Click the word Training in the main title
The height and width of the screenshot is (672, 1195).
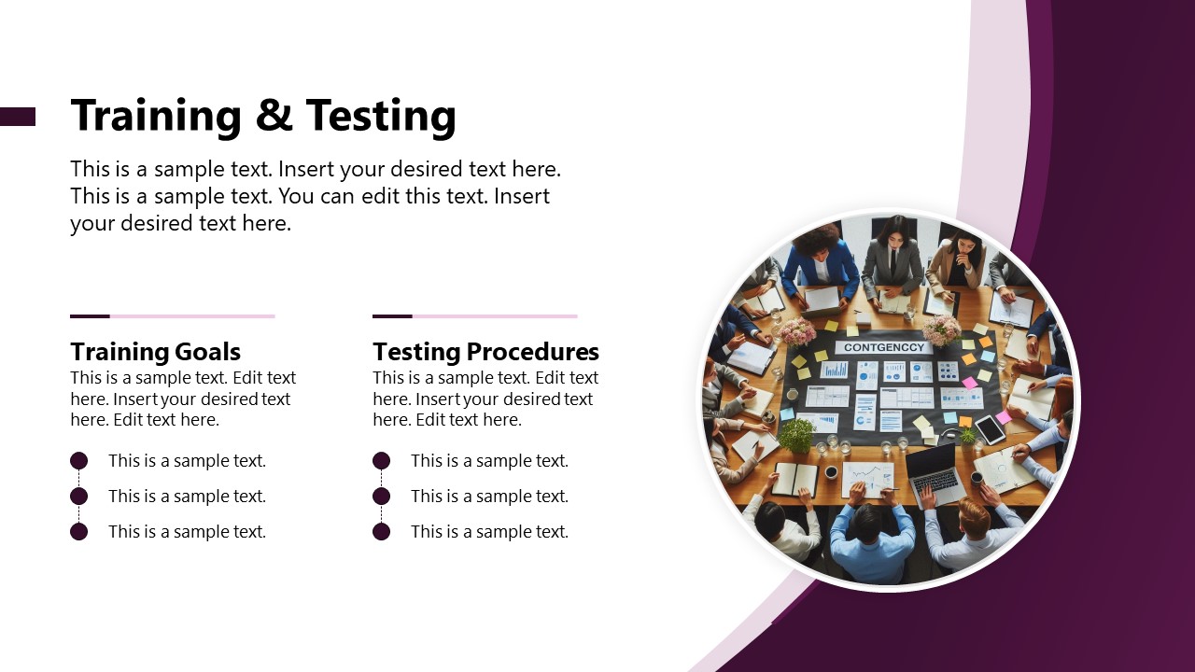[154, 116]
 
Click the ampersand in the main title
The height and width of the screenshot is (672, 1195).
[272, 116]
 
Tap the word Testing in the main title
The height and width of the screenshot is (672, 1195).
[381, 116]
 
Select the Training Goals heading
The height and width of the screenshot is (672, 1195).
[155, 352]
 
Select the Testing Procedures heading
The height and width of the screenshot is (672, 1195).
[485, 352]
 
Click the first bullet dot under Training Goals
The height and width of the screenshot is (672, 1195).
[79, 460]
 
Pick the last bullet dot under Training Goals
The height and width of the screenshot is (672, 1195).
[79, 531]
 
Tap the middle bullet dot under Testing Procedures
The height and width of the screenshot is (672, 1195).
[381, 496]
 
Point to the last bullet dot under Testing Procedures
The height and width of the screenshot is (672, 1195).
[381, 531]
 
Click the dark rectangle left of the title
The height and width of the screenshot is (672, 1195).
[17, 116]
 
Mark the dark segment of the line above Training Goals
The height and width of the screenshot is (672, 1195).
[90, 316]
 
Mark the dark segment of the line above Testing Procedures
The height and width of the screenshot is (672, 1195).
[392, 316]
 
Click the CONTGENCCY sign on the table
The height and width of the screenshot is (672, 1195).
[883, 347]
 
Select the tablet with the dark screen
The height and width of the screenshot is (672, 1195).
[990, 429]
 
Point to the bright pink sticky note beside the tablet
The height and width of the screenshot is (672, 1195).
[1004, 416]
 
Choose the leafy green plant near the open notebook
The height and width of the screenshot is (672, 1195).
[796, 435]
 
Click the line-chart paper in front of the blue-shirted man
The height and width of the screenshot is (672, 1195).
[868, 477]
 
